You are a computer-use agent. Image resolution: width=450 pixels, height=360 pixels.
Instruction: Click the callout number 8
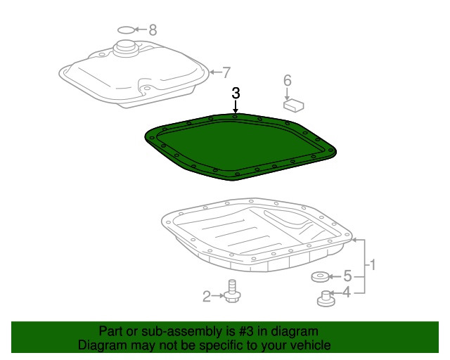tap(153, 30)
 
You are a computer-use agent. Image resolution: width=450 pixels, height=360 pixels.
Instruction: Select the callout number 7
tap(226, 72)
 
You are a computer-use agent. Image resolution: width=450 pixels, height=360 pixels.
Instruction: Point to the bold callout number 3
tap(236, 94)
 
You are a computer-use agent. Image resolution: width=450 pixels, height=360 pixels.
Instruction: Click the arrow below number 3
tap(236, 107)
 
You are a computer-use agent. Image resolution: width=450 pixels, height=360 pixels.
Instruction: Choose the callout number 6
tap(288, 81)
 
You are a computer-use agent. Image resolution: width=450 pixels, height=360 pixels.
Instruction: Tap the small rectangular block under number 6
tap(294, 105)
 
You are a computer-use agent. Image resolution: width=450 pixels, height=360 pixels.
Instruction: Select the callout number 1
tap(372, 264)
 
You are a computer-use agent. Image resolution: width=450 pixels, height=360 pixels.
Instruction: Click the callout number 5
tap(347, 276)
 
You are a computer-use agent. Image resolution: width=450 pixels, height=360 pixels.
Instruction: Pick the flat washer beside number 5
tap(320, 277)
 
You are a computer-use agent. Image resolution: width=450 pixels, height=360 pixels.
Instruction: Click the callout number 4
tap(347, 292)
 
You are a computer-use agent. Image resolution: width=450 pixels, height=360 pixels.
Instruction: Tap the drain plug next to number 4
tap(326, 299)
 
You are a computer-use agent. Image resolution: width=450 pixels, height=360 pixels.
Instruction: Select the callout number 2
tap(207, 296)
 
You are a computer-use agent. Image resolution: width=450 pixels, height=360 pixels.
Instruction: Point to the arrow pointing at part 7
tap(215, 72)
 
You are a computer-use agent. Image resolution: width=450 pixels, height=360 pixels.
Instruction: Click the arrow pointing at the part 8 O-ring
tap(141, 30)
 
